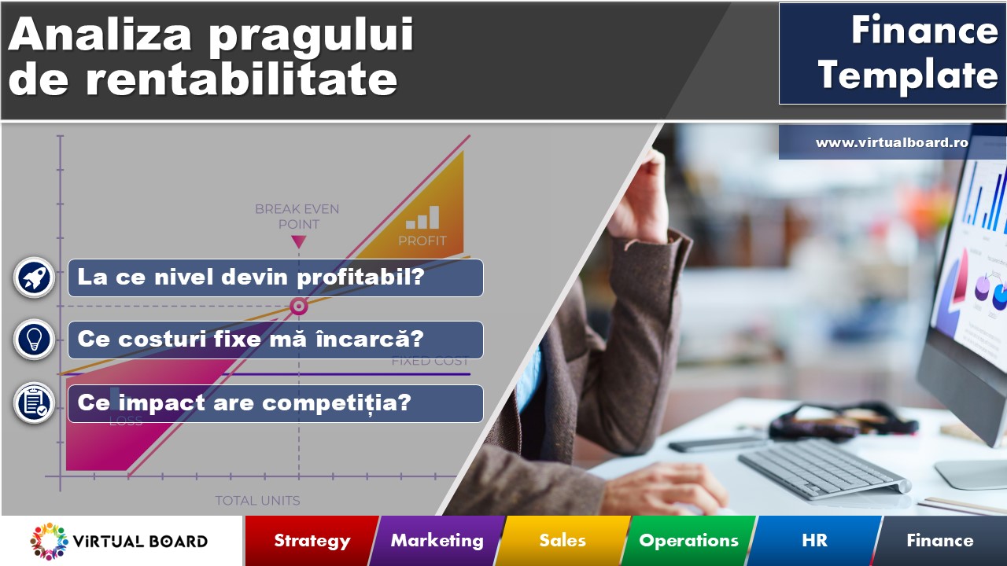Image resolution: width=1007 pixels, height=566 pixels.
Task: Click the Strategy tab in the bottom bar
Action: point(312,541)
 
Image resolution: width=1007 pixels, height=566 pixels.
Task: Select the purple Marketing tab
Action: point(437,541)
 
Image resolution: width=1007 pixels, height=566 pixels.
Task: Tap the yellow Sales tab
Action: point(563,541)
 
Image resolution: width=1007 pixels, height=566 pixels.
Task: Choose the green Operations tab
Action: point(688,541)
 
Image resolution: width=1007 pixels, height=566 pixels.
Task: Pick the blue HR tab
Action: point(815,541)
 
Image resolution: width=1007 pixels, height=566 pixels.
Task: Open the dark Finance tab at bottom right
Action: point(939,541)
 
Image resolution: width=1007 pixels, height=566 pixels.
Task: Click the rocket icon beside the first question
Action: point(35,277)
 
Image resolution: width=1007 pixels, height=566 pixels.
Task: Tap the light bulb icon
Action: point(35,340)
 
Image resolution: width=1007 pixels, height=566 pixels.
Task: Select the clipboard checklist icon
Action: point(35,402)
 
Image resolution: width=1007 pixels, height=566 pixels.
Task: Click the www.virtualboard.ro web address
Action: point(891,143)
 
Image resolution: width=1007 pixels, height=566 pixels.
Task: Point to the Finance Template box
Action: point(892,53)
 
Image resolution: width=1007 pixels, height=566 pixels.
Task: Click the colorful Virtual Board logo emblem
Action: point(50,541)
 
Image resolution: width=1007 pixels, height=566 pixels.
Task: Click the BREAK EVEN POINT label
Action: point(297,216)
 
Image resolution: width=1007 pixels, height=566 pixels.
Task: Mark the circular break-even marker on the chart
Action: point(298,307)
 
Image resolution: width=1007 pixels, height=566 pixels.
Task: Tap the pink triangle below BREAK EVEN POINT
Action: point(298,242)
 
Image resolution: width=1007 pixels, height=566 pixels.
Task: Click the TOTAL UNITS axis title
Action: point(257,501)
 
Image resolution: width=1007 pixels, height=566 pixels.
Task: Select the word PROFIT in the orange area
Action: point(422,241)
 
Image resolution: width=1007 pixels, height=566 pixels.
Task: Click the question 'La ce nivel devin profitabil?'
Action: point(275,277)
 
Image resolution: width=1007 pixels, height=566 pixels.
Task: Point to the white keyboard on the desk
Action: point(822,467)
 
